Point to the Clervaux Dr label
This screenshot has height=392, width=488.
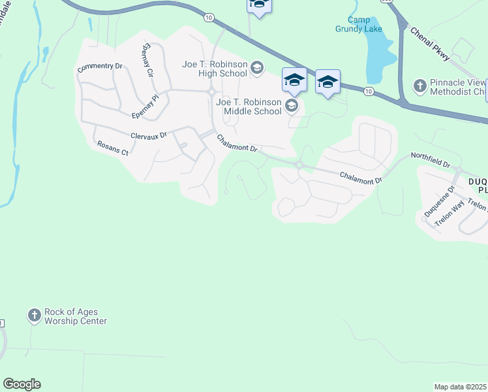[x=149, y=135]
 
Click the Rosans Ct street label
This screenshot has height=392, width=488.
[x=113, y=148]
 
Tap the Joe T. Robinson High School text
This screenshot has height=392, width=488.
[x=215, y=69]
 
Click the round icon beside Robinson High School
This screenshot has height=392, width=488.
[x=257, y=67]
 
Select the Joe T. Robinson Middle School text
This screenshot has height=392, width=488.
[x=249, y=106]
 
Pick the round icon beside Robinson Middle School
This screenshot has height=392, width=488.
[x=292, y=106]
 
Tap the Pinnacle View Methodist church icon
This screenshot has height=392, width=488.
[x=419, y=86]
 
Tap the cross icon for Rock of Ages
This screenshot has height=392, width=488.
[x=35, y=316]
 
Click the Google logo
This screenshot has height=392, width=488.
[x=22, y=384]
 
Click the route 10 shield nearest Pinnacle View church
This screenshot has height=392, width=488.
[x=369, y=91]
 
